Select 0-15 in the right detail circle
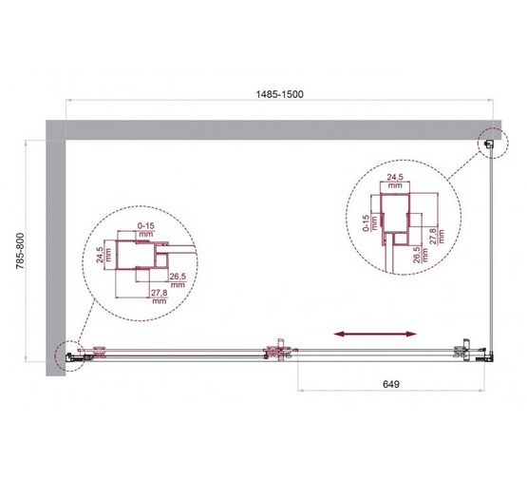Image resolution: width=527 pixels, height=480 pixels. coord(367,224)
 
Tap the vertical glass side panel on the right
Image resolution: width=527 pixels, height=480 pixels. coord(491,247)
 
